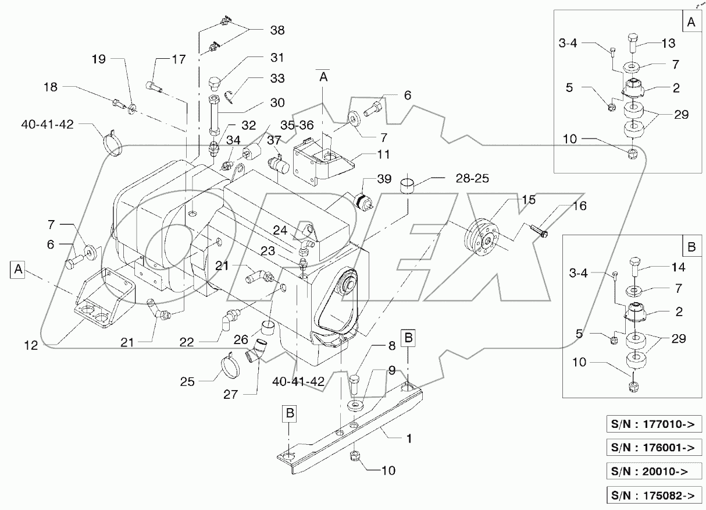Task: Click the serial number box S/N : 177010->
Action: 652,423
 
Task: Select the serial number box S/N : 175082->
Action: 652,495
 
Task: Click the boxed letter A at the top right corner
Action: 690,22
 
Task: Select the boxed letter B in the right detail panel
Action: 690,246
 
